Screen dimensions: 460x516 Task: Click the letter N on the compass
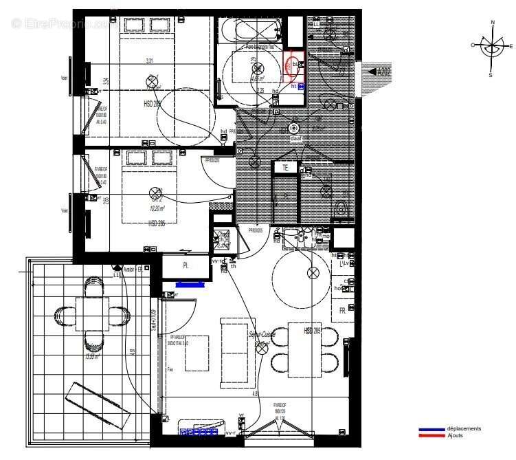[x=493, y=23]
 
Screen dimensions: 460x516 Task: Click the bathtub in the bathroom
[x=251, y=30]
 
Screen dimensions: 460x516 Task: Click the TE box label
[x=284, y=167]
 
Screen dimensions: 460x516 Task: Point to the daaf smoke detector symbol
[x=295, y=129]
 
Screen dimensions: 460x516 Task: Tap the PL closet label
[x=186, y=265]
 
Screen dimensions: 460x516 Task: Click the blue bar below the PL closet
[x=190, y=283]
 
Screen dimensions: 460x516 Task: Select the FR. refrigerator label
[x=342, y=309]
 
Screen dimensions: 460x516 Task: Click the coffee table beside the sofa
[x=197, y=353]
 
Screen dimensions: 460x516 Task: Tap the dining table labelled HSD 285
[x=314, y=349]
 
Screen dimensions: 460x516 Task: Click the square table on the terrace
[x=91, y=314]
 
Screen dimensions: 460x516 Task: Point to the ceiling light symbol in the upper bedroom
[x=152, y=83]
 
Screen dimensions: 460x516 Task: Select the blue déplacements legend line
[x=432, y=430]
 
